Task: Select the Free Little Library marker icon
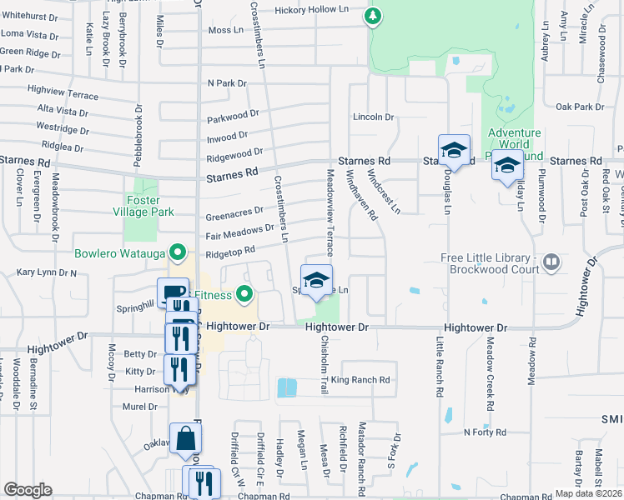(x=551, y=263)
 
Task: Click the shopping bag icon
(x=185, y=438)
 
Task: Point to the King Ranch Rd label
(x=360, y=380)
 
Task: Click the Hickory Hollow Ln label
(x=312, y=10)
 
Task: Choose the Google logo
(x=28, y=490)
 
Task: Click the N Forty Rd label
(x=486, y=432)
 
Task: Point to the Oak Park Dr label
(x=580, y=107)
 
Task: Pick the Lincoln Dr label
(x=372, y=117)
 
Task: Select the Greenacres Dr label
(x=234, y=214)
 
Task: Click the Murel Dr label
(x=140, y=407)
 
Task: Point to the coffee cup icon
(x=173, y=292)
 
